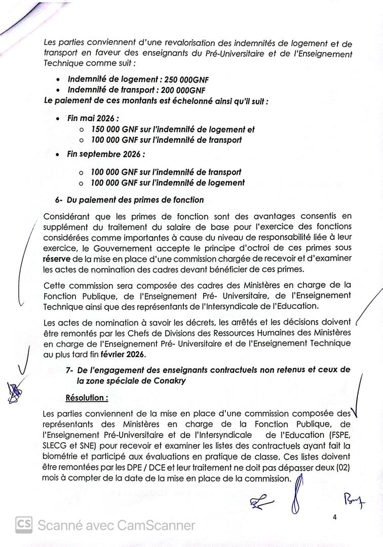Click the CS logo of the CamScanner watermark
click(24, 525)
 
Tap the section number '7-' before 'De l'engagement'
click(70, 370)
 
